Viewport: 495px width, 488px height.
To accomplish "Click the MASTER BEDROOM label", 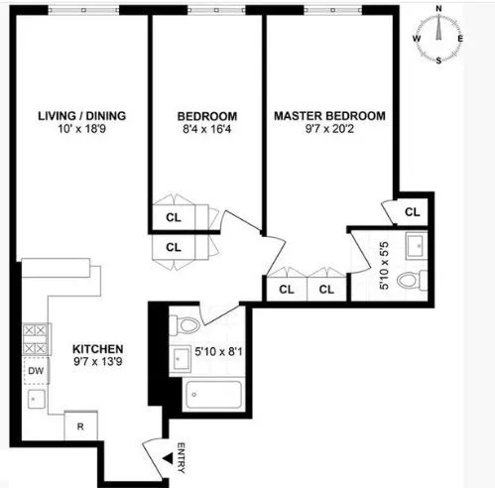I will tap(329, 115).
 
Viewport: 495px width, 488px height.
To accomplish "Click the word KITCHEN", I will tap(97, 349).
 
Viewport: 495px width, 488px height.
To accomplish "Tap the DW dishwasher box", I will tap(34, 372).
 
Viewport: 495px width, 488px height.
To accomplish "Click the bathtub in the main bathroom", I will tap(211, 397).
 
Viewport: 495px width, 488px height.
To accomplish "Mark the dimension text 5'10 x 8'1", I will tap(216, 349).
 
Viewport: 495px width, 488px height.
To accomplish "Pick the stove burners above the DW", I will tap(34, 340).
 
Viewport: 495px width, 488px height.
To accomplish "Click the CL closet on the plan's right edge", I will tap(412, 211).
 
